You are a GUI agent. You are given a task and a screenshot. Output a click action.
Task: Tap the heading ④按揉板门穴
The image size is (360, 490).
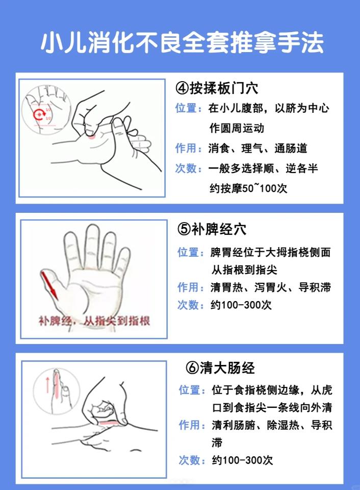[x=217, y=88]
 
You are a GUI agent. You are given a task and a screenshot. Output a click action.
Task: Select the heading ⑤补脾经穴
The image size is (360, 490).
[x=212, y=229]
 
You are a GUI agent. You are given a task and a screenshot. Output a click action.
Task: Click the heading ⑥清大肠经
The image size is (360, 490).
[x=221, y=367]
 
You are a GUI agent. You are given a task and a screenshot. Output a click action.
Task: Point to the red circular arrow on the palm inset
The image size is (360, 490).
[x=38, y=114]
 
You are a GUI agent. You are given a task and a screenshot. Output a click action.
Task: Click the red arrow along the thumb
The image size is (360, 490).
[x=49, y=285]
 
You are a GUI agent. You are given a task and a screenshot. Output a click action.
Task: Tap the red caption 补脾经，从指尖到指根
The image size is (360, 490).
[x=94, y=322]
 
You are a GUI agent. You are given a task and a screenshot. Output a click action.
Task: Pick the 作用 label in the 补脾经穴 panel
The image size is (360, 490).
[x=188, y=287]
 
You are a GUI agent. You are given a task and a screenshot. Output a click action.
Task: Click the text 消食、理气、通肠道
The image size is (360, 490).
[x=258, y=149]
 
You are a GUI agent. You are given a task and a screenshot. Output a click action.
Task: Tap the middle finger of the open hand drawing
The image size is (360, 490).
[x=93, y=244]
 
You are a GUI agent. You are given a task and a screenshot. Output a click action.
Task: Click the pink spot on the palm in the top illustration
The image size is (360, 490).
[x=91, y=135]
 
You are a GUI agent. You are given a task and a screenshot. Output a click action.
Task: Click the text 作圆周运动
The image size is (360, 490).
[x=237, y=128]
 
